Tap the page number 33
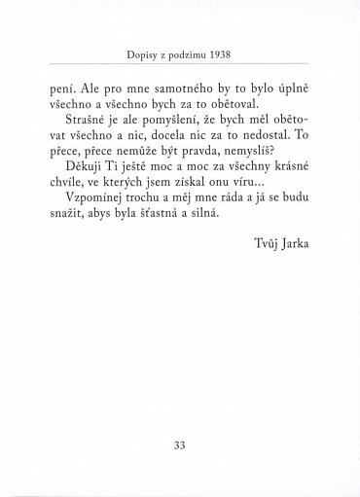(x=179, y=444)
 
